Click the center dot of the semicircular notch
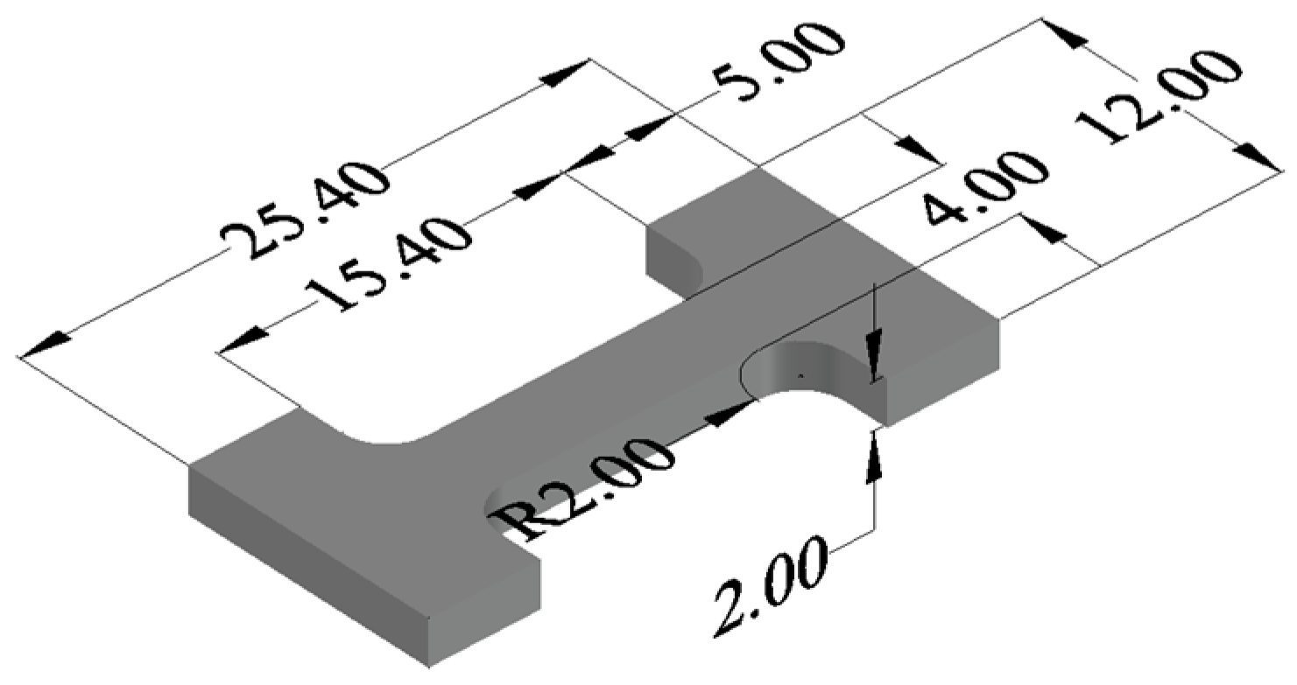click(799, 374)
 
